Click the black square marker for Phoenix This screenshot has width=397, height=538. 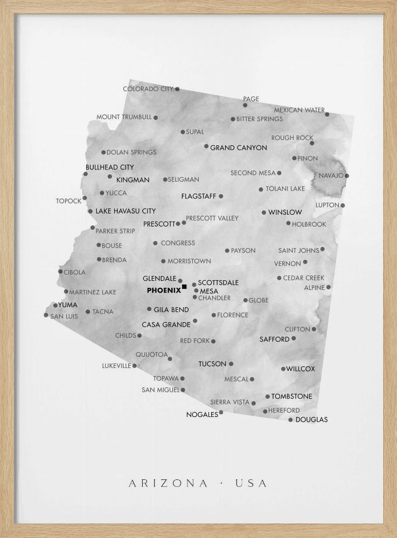(184, 287)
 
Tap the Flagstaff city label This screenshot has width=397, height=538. (198, 196)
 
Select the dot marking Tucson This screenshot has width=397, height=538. (231, 364)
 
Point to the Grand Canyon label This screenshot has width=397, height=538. (238, 147)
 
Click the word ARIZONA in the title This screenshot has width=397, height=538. (168, 484)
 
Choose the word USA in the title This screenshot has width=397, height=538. (251, 484)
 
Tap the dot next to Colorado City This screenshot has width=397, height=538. (177, 89)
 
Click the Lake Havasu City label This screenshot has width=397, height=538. (126, 211)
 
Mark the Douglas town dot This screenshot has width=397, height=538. (290, 420)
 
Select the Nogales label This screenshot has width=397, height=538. (202, 415)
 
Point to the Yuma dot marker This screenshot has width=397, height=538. (55, 306)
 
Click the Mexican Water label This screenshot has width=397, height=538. (299, 110)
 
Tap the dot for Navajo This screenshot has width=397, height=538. (346, 175)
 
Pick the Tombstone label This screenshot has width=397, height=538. (291, 397)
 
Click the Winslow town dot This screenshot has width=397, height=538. (264, 213)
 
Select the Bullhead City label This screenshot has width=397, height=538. (110, 167)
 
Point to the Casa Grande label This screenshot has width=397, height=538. (166, 325)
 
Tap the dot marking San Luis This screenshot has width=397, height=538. (46, 315)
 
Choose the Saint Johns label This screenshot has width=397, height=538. (299, 250)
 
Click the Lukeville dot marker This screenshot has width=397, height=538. (135, 366)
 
